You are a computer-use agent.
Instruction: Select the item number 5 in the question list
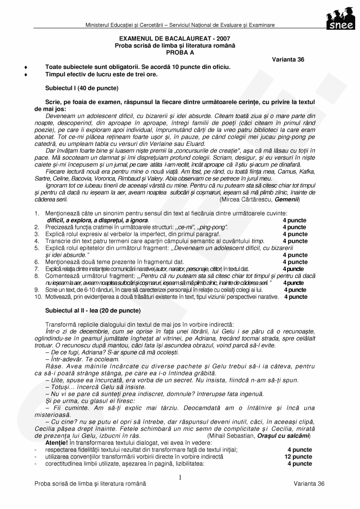click(x=36, y=248)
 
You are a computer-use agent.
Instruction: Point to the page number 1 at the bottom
click(x=180, y=477)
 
